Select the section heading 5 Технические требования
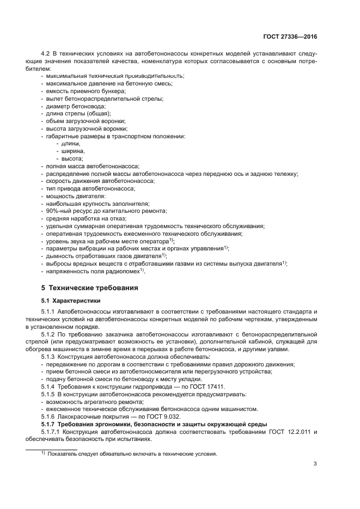[90, 287]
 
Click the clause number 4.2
[46, 53]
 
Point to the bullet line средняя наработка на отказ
[86, 218]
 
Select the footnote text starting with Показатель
[132, 453]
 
